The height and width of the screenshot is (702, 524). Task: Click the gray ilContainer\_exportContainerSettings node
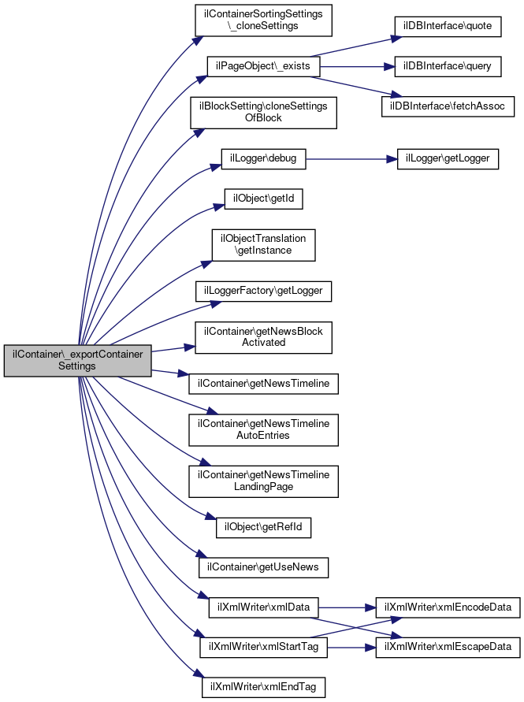pyautogui.click(x=77, y=360)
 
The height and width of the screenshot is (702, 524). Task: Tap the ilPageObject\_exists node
pyautogui.click(x=263, y=67)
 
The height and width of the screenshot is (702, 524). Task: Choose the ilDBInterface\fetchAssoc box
pyautogui.click(x=448, y=106)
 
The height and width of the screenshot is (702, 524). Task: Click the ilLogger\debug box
pyautogui.click(x=263, y=158)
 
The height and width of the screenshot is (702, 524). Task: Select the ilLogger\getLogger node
pyautogui.click(x=448, y=158)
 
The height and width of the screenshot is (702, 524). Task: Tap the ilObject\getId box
pyautogui.click(x=263, y=199)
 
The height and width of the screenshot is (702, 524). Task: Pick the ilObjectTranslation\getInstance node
pyautogui.click(x=263, y=244)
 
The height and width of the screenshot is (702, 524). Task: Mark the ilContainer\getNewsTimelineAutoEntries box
pyautogui.click(x=264, y=429)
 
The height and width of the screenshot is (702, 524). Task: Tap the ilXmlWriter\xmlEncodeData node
pyautogui.click(x=448, y=607)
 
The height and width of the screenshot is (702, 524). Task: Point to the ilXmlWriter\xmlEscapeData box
pyautogui.click(x=448, y=647)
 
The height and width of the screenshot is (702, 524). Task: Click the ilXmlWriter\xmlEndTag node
pyautogui.click(x=263, y=687)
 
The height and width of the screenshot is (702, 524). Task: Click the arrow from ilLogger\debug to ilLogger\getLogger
pyautogui.click(x=347, y=158)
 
